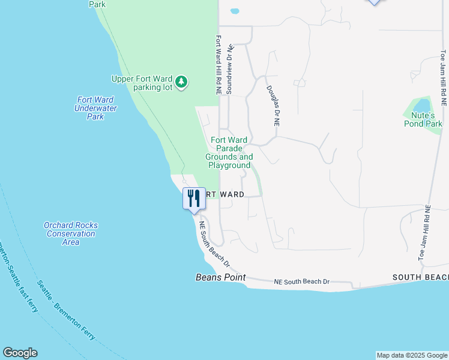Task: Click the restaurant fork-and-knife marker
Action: coord(194,198)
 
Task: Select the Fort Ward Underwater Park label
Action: coord(95,108)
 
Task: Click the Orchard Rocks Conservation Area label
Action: coord(71,233)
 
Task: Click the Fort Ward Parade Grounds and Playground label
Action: coord(229,152)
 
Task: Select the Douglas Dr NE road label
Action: coord(273,105)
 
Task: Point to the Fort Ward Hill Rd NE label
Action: coord(219,64)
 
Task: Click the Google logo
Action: coord(20,353)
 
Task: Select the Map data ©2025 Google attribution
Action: coord(412,355)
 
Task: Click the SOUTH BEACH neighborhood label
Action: coord(420,277)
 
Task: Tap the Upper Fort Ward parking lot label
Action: coord(142,83)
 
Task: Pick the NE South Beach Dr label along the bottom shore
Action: coord(303,281)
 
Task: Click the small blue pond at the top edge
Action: coord(235,11)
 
